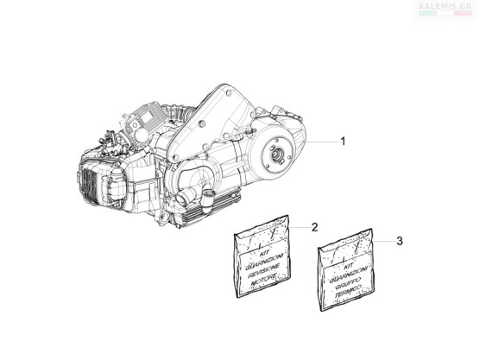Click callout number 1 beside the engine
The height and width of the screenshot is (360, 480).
coord(343,142)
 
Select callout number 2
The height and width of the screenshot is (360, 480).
coord(314,227)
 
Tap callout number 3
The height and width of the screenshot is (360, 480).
coord(400,241)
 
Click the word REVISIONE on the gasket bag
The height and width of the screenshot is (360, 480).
coord(263,271)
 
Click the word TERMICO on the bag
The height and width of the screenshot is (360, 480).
coord(348,292)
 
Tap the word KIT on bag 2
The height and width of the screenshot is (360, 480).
coord(264,254)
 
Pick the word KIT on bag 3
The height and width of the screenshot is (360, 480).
coord(349,267)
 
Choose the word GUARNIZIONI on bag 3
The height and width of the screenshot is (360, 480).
coord(349,275)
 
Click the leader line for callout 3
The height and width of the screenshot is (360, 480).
coord(383,241)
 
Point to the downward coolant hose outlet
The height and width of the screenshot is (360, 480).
coord(207,201)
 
